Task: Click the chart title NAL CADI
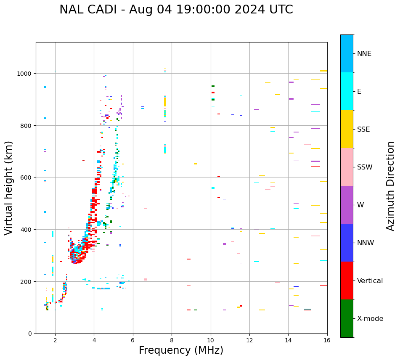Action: [x=176, y=10]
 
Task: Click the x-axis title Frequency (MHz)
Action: [x=181, y=350]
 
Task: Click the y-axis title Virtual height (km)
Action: [x=9, y=188]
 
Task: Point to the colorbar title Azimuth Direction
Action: [x=390, y=186]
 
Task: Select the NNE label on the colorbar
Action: [x=370, y=53]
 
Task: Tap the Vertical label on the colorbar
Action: [x=370, y=281]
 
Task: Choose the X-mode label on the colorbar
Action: [x=370, y=318]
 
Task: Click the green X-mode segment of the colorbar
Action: [x=347, y=318]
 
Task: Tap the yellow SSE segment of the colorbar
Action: [x=347, y=129]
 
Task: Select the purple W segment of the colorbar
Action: [x=347, y=205]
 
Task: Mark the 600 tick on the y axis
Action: [x=26, y=177]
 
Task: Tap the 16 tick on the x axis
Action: [x=327, y=341]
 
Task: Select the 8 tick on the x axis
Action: [x=172, y=341]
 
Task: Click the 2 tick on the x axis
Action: [x=55, y=341]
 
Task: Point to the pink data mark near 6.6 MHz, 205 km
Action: [x=145, y=279]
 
